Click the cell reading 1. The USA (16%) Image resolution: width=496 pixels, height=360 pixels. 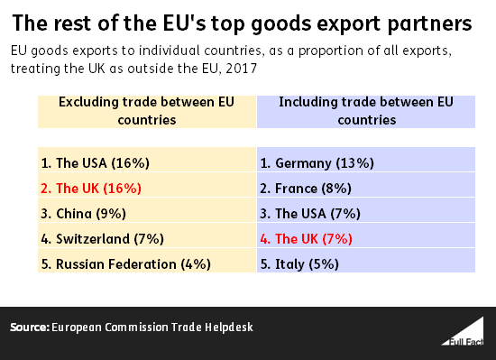click(x=147, y=160)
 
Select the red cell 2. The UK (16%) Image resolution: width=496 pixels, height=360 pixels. click(x=147, y=185)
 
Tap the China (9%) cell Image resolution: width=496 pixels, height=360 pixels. click(x=147, y=210)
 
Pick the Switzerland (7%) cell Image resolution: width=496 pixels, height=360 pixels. click(x=147, y=235)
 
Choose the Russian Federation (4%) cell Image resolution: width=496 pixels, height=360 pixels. click(x=147, y=261)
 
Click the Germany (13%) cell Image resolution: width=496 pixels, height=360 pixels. click(x=366, y=160)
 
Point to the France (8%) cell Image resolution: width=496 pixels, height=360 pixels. click(x=366, y=185)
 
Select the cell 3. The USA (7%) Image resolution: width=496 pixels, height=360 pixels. click(x=366, y=210)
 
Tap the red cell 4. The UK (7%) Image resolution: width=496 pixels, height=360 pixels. click(x=366, y=235)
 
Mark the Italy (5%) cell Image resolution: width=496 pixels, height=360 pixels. click(x=366, y=261)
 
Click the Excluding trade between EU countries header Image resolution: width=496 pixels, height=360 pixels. click(x=147, y=112)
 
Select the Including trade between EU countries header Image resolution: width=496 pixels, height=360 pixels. click(x=366, y=112)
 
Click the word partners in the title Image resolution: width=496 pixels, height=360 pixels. click(x=429, y=24)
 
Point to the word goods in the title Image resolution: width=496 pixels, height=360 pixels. click(x=281, y=24)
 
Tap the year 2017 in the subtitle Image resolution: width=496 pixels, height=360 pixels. click(x=241, y=69)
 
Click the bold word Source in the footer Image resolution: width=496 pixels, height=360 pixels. click(x=30, y=328)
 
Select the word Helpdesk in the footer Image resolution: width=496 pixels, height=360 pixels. click(x=229, y=328)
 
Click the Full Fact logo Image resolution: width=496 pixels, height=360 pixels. click(x=463, y=331)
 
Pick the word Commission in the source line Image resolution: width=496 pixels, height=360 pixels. click(x=136, y=328)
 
